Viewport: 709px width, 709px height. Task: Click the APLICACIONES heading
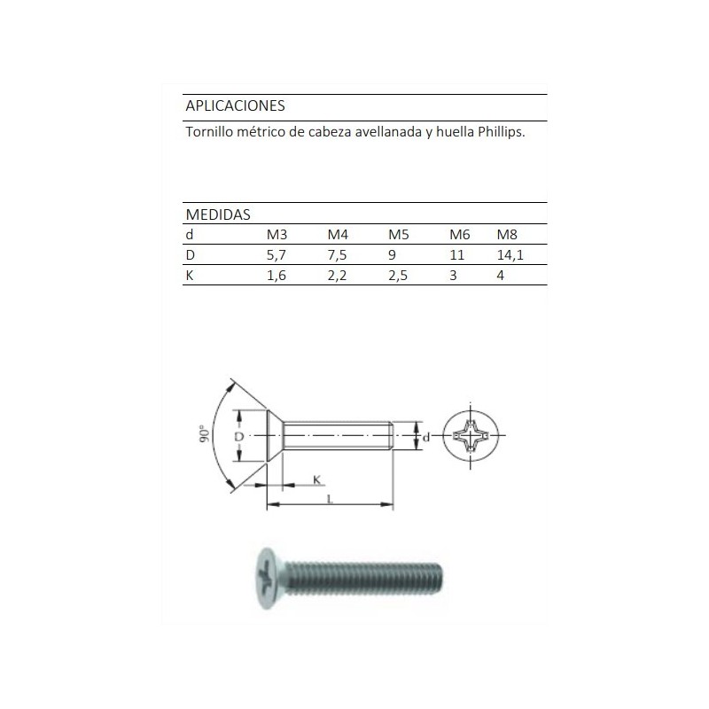(x=235, y=105)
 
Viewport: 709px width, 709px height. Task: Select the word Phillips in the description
(x=501, y=132)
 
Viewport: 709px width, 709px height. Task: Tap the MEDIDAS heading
(x=217, y=214)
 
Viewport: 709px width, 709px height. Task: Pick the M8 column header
(x=507, y=235)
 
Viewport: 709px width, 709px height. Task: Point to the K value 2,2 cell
(x=337, y=276)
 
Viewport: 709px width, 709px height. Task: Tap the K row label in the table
(x=190, y=276)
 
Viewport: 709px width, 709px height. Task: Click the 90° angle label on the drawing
(x=205, y=434)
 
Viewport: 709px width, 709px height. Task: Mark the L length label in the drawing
(x=330, y=500)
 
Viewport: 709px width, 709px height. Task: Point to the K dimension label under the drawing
(x=316, y=479)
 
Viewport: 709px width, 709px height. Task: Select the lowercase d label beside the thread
(x=425, y=437)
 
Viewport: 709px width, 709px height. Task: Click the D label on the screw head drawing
(x=238, y=438)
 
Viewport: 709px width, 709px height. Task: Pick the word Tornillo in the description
(x=211, y=132)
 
